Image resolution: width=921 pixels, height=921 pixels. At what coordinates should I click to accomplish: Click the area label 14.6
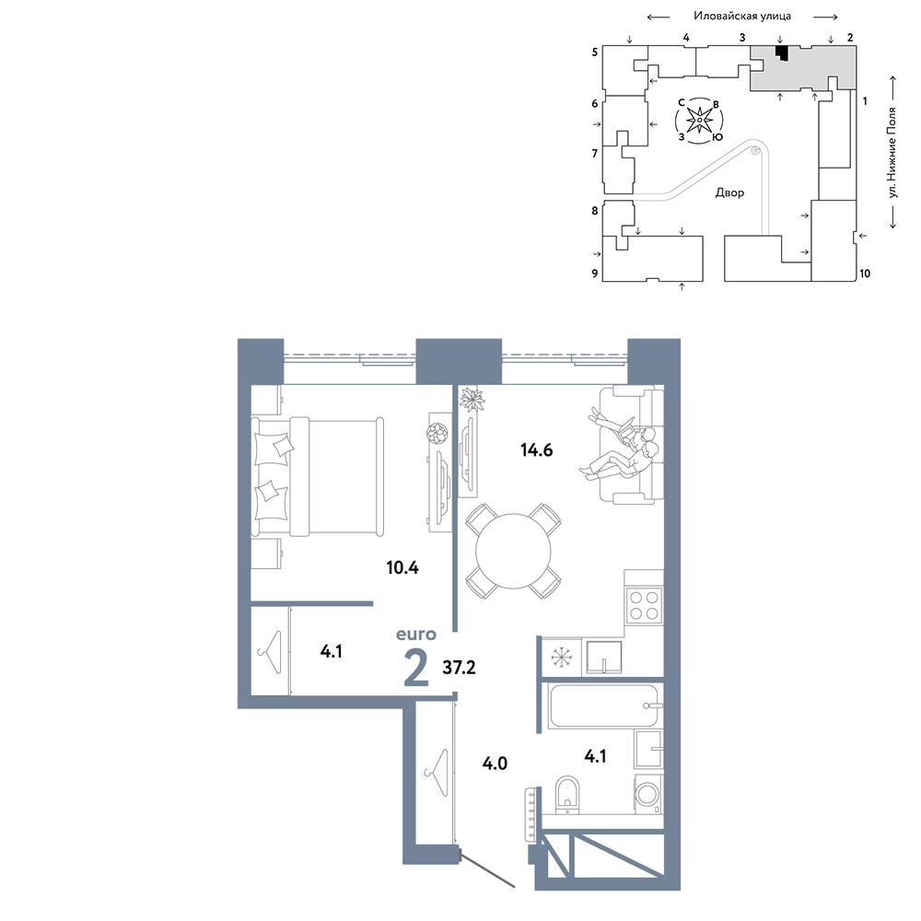536,450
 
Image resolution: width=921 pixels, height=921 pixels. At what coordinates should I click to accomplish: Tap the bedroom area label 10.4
402,567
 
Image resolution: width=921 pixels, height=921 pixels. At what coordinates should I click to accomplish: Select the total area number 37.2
459,667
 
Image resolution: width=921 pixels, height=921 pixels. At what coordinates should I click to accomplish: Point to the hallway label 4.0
495,763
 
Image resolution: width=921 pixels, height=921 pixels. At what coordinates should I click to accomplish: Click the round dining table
513,552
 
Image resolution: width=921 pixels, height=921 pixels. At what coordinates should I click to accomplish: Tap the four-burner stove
643,606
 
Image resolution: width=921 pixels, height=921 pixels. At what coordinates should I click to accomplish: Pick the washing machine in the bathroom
648,795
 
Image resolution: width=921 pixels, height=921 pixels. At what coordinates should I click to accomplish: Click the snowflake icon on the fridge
561,657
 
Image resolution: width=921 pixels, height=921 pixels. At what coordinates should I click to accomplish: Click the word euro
416,635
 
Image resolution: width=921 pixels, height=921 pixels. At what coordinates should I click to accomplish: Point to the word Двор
729,192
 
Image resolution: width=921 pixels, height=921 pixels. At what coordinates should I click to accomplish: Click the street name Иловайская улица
741,16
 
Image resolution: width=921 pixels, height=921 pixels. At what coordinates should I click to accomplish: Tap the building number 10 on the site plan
865,274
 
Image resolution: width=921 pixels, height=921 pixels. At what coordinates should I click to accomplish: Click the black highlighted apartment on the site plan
781,52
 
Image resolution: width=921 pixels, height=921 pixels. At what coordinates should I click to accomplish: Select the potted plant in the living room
472,400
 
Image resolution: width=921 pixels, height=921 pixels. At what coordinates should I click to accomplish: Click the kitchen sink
603,657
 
